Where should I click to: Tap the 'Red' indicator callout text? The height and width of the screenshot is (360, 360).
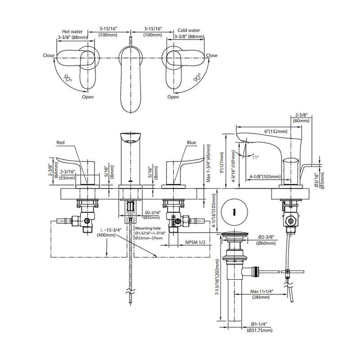pos(61,143)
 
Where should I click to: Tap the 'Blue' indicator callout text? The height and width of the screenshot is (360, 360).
pos(192,143)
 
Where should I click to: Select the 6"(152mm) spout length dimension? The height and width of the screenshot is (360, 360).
pos(276,131)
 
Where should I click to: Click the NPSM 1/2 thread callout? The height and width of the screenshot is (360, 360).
pos(195,243)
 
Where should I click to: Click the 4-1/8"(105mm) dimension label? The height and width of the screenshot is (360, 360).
pos(265,177)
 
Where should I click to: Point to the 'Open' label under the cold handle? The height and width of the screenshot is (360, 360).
pos(173,97)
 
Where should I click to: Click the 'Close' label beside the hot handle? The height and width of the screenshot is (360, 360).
pos(49,56)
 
